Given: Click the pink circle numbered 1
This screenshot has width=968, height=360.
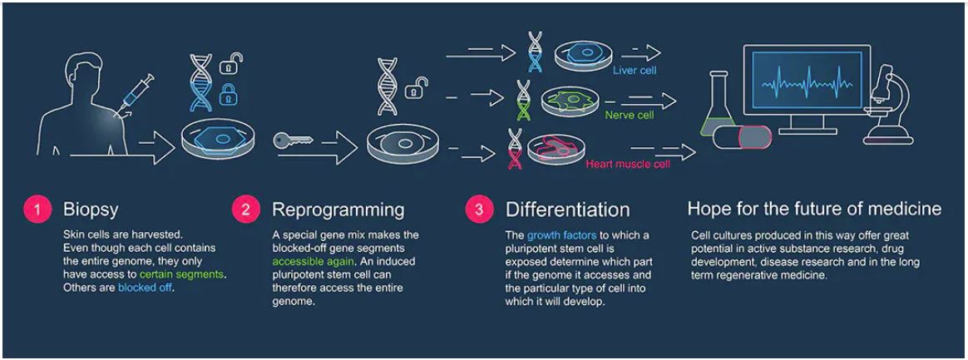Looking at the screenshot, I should pyautogui.click(x=36, y=209).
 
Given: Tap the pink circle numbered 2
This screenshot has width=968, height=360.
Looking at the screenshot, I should pyautogui.click(x=245, y=209).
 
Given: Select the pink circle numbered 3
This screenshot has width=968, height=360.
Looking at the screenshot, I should pyautogui.click(x=478, y=209).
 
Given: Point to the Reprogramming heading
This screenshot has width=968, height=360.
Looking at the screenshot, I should pyautogui.click(x=338, y=209).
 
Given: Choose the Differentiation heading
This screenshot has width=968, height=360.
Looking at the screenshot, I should pyautogui.click(x=567, y=209).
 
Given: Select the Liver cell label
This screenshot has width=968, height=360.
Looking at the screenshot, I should pyautogui.click(x=634, y=71).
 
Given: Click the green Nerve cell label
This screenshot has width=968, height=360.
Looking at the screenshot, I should pyautogui.click(x=629, y=115).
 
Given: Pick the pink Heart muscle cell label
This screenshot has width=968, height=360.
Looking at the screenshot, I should pyautogui.click(x=627, y=164).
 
